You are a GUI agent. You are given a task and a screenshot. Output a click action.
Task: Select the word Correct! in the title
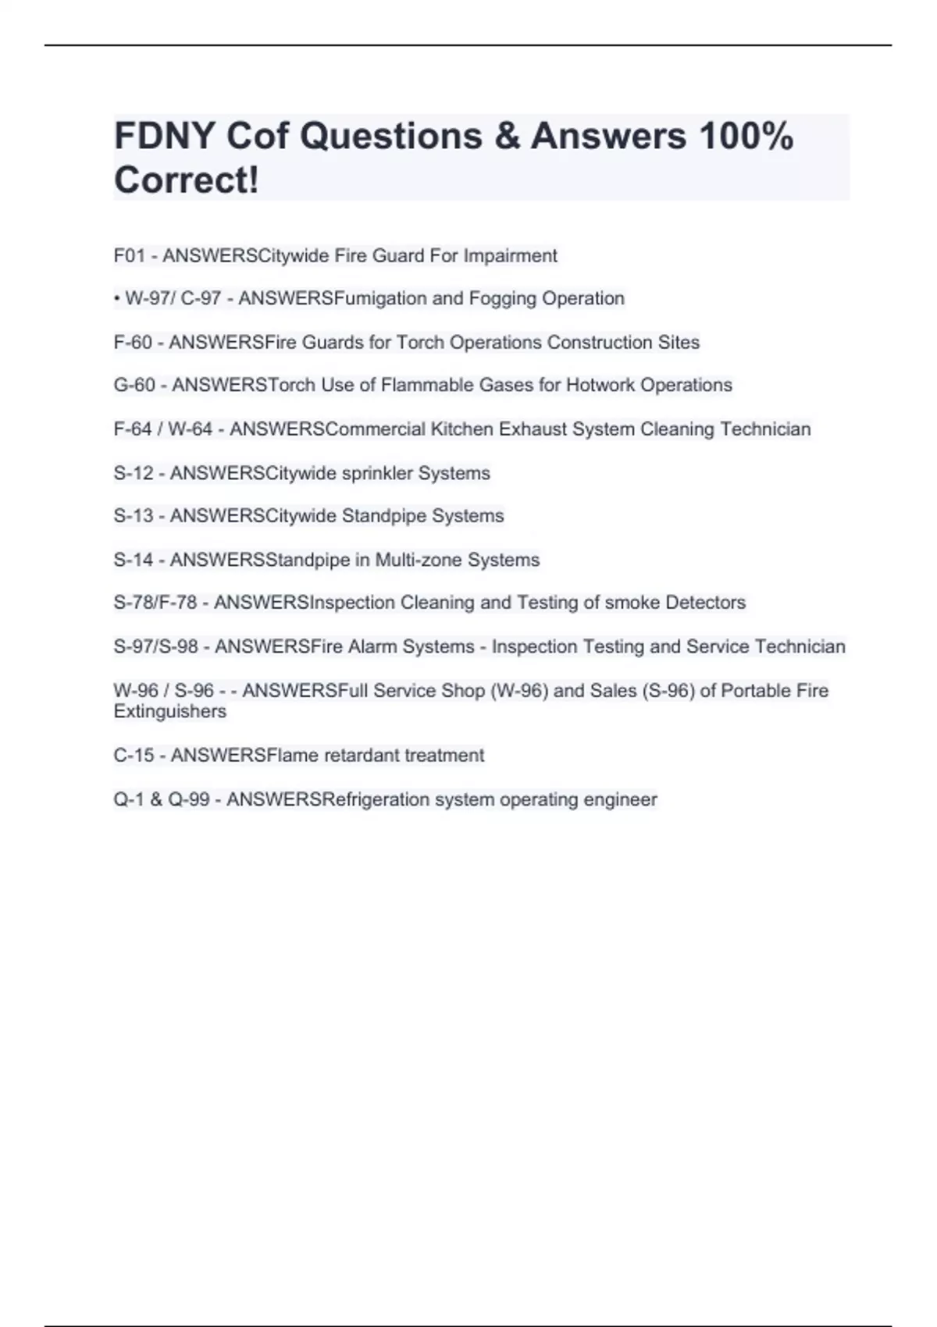[x=186, y=180]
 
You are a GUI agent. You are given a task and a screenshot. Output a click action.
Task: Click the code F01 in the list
[x=130, y=256]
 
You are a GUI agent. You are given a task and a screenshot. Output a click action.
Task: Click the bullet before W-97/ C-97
[x=116, y=298]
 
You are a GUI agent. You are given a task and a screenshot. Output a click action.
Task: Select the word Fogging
[x=502, y=298]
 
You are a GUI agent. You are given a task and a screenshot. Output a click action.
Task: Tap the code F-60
[x=133, y=343]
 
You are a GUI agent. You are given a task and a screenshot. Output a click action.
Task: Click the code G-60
[x=134, y=386]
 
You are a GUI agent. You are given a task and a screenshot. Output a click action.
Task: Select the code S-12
[x=134, y=473]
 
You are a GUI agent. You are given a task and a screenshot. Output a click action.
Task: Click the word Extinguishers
[x=169, y=712]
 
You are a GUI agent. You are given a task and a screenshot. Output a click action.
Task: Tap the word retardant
[x=361, y=756]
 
